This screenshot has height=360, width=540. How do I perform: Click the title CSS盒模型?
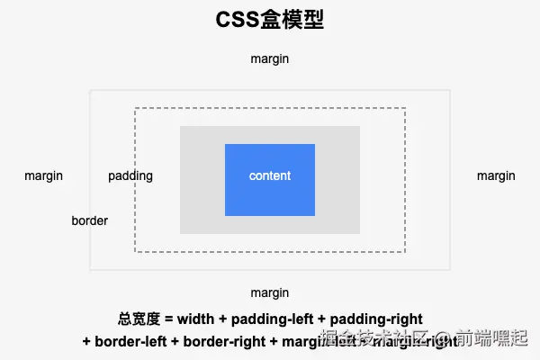click(x=270, y=21)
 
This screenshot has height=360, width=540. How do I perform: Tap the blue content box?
click(x=270, y=193)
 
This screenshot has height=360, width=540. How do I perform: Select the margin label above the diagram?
click(x=270, y=58)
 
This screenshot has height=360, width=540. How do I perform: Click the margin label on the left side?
click(x=44, y=175)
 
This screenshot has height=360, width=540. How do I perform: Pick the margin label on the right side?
click(x=496, y=175)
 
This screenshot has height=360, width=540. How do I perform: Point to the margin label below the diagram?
click(x=270, y=292)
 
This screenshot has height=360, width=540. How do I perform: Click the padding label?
click(x=130, y=175)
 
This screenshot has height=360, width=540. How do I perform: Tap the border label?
click(x=90, y=220)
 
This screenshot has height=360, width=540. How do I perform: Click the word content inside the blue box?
click(x=270, y=175)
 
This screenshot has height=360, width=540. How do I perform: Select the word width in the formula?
click(x=195, y=319)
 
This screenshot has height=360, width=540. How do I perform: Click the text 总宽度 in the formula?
click(x=139, y=319)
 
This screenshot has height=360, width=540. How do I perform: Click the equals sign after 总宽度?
click(x=168, y=319)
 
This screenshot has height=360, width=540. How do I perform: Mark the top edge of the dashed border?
click(x=270, y=108)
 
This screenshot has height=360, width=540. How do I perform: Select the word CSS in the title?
click(x=238, y=21)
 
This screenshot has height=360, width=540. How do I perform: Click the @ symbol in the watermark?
click(x=443, y=339)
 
